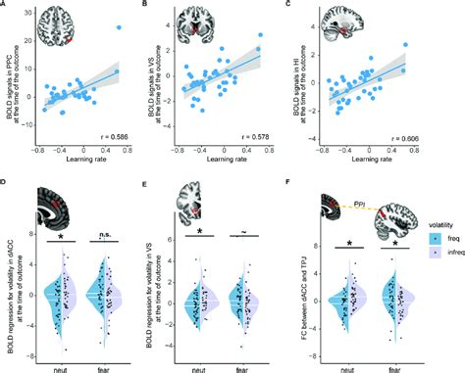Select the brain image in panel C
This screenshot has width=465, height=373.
339,28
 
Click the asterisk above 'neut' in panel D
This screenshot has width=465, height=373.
60,236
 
